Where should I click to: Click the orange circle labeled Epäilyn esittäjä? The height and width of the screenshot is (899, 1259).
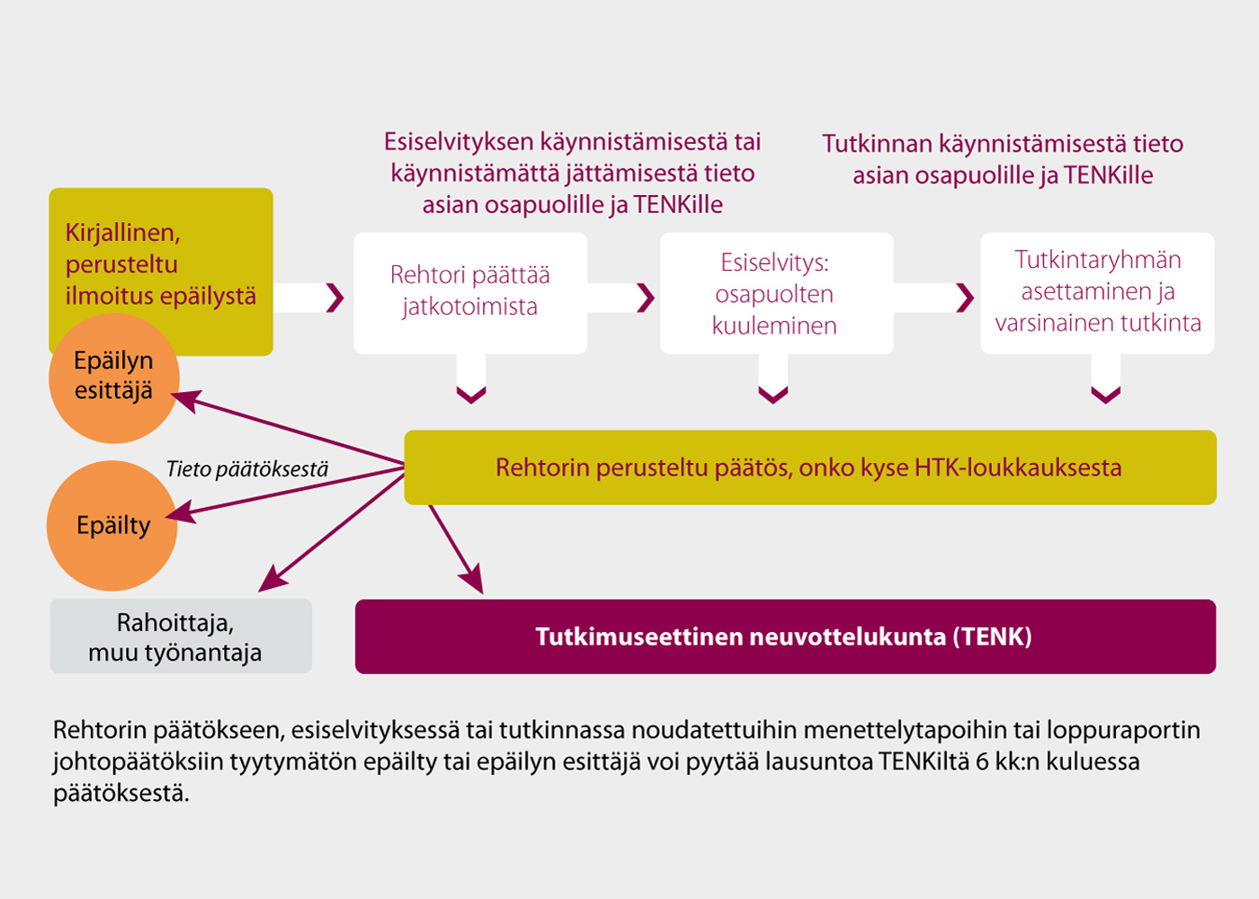114,378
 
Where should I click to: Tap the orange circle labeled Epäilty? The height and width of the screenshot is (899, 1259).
112,525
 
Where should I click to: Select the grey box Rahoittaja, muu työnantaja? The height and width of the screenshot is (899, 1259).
181,636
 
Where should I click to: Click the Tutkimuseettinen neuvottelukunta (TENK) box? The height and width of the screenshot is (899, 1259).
786,636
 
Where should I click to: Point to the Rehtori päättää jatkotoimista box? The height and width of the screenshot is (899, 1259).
470,293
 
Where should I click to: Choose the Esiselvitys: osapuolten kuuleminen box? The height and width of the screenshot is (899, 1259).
777,293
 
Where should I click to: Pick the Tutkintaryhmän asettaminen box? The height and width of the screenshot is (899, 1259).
1097,293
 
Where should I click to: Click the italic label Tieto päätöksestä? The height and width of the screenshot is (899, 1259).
247,469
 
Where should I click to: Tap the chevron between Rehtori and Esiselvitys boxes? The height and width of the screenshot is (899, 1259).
646,298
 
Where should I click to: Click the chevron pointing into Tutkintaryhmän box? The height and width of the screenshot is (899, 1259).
965,298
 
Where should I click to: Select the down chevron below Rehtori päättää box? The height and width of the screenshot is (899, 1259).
471,395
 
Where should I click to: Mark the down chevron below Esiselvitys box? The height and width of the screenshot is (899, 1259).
773,395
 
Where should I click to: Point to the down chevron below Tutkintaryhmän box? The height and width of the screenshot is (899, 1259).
1105,395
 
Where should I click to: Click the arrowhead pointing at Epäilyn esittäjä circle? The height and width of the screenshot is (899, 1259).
185,400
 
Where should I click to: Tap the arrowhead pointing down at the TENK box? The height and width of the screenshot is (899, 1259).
472,579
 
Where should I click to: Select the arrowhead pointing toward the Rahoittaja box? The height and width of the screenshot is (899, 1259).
272,579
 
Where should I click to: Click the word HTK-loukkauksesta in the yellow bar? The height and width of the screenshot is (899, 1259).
1018,467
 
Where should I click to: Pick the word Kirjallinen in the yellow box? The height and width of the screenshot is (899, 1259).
123,233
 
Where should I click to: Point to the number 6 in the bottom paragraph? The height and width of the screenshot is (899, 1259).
982,762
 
